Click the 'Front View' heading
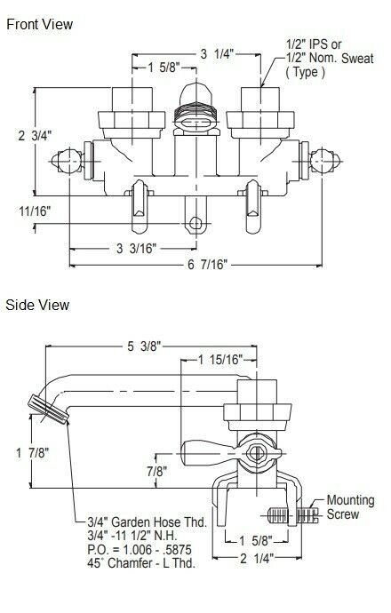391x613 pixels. tap(39, 24)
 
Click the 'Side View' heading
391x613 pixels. tap(36, 305)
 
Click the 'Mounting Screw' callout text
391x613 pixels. tap(350, 506)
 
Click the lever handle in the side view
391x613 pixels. tap(205, 450)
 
